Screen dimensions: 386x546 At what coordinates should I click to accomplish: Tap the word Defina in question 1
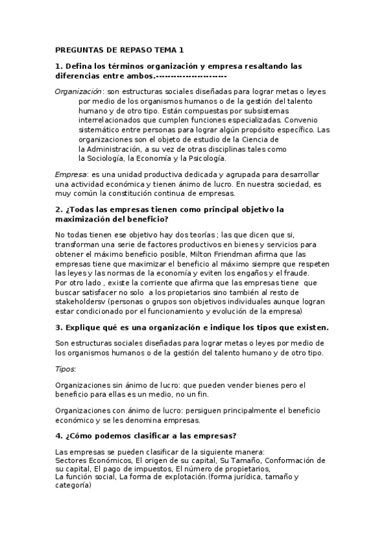pos(81,66)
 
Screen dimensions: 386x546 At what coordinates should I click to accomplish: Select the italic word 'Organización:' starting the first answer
pos(79,91)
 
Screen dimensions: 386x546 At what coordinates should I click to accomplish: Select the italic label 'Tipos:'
pos(66,369)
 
